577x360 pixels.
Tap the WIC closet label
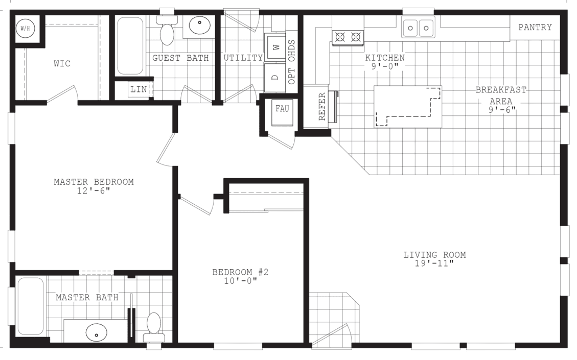coord(62,64)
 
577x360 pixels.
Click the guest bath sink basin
coord(198,26)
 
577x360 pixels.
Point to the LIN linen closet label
coord(139,90)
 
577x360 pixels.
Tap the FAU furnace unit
coord(282,109)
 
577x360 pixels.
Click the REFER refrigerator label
coord(322,106)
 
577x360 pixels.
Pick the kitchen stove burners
coord(348,37)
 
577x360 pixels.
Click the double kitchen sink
coord(418,27)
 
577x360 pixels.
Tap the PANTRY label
coord(535,28)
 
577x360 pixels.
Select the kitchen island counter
coord(407,106)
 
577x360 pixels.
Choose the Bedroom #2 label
coord(240,272)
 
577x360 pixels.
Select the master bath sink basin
coord(96,333)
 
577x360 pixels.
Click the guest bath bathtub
coord(130,46)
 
